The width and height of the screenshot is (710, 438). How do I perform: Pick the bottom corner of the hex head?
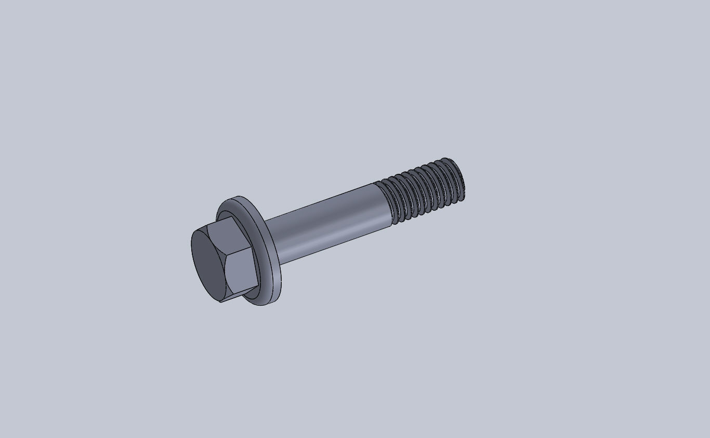click(x=220, y=302)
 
